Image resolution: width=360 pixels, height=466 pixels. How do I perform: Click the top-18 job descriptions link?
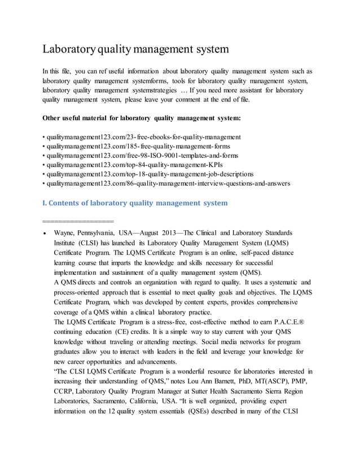(150, 174)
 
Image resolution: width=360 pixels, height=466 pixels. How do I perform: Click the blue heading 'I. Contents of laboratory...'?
(135, 203)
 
